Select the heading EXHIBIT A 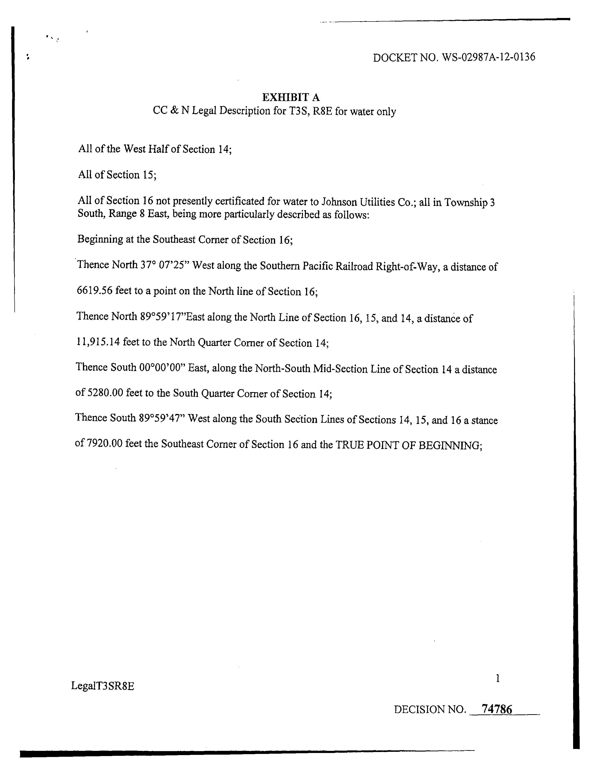click(x=291, y=97)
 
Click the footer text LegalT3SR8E click(x=103, y=686)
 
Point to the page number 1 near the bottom click(x=497, y=678)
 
